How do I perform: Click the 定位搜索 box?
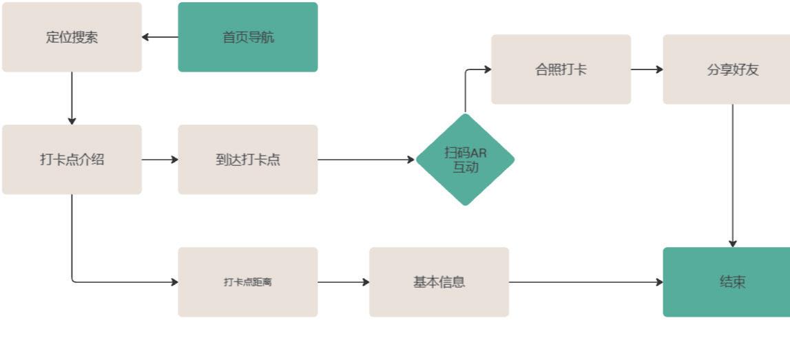point(72,37)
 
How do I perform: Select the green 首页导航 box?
point(248,37)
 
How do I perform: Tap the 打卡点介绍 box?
point(72,160)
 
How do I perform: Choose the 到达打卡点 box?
point(248,160)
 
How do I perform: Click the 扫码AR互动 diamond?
point(465,160)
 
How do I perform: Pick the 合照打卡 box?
point(561,70)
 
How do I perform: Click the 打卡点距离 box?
point(248,282)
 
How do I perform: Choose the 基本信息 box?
point(439,282)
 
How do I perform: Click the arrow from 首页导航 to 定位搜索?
point(160,37)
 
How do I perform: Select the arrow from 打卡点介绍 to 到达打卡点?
point(160,160)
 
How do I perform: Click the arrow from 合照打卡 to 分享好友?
point(647,70)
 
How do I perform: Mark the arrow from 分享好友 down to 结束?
point(732,176)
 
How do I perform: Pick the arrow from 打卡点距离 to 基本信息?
point(343,282)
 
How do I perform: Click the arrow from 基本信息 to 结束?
point(585,282)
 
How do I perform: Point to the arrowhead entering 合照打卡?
point(487,70)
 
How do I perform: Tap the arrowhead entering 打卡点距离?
point(174,282)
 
